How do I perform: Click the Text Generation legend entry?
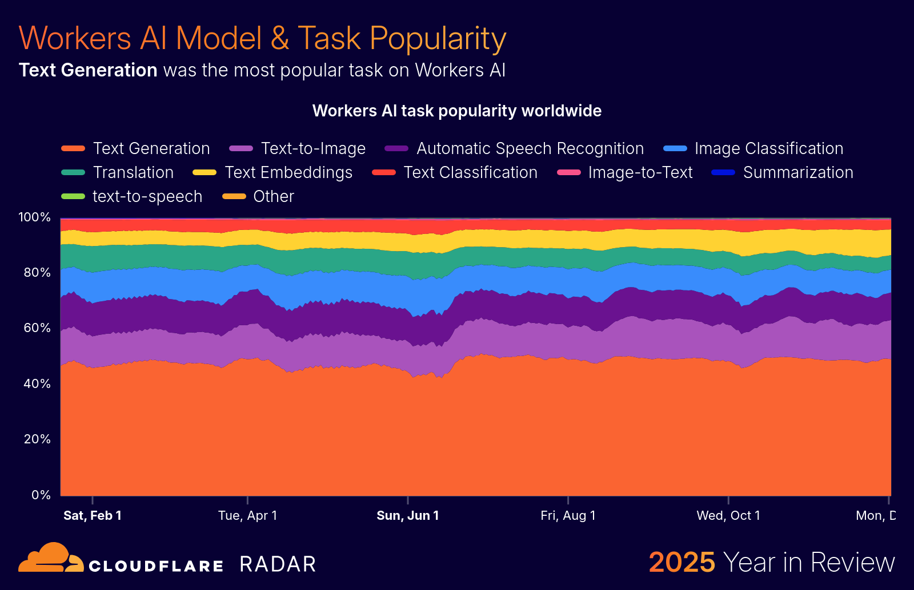[x=151, y=148]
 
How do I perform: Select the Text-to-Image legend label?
[x=312, y=148]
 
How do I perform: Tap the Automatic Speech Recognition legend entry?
[x=530, y=148]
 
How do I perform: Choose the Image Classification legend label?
[x=768, y=148]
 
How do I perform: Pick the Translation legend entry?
[x=133, y=172]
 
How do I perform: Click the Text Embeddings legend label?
[x=288, y=172]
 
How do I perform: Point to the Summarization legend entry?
[x=797, y=172]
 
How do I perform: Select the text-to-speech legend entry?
[x=147, y=196]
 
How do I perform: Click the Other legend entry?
[x=273, y=196]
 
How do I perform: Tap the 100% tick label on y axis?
[x=35, y=217]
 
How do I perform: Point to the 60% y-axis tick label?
[x=37, y=328]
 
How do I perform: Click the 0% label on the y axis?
[x=41, y=495]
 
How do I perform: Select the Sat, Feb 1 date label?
[x=93, y=516]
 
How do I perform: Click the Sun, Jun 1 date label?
[x=408, y=516]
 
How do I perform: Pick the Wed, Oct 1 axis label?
[x=728, y=516]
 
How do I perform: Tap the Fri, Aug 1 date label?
[x=568, y=516]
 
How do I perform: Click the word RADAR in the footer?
[x=278, y=564]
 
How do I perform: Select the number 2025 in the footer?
[x=682, y=563]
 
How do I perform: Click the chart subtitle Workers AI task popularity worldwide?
[x=456, y=111]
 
